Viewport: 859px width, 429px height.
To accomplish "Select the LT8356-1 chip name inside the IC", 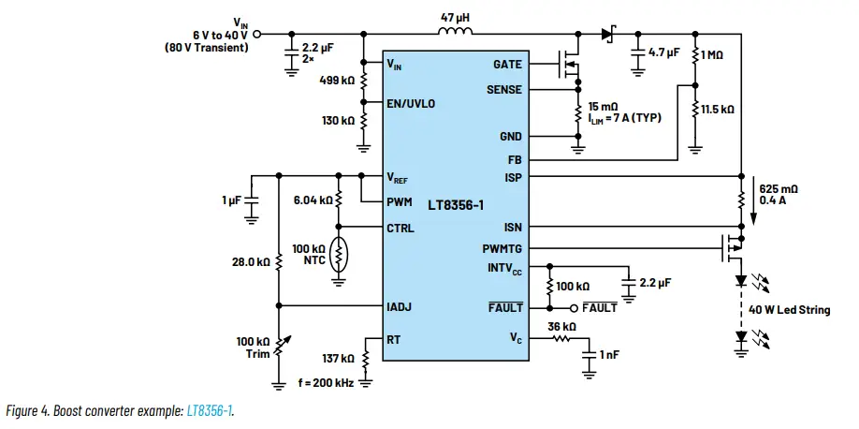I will pos(458,203).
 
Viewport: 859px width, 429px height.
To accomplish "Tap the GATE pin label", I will pos(507,65).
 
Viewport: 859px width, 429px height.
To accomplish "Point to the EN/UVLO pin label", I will pos(411,103).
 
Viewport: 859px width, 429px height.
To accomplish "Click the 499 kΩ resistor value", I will pos(338,81).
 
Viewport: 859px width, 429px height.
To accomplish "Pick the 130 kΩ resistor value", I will pos(338,121).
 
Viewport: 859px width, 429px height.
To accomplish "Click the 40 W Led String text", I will pos(789,310).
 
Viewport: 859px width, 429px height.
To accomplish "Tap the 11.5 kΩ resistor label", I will pos(718,110).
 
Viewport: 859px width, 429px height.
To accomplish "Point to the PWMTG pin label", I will pos(502,248).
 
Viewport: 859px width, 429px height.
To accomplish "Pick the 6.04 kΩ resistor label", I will pos(312,200).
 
